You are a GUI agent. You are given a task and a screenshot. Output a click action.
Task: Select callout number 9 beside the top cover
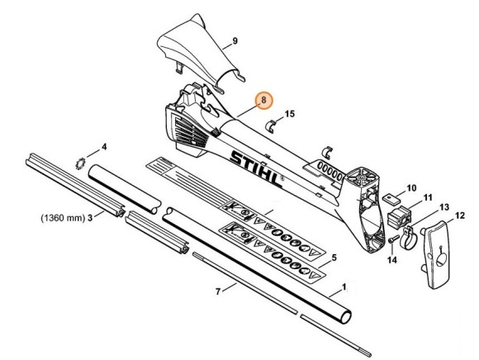click(235, 40)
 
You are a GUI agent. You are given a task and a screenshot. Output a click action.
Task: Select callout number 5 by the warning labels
click(333, 258)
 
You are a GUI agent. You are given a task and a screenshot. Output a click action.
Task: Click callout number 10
click(411, 187)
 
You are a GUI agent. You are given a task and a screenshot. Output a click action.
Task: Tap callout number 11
click(427, 199)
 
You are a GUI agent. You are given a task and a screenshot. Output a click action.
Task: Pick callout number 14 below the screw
click(393, 260)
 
